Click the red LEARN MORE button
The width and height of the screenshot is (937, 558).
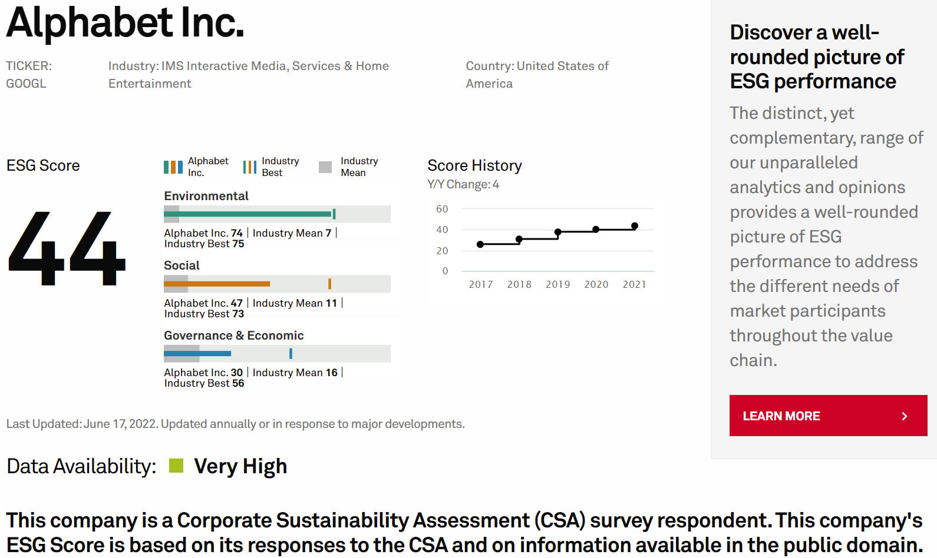828,416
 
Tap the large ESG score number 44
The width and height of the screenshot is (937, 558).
67,249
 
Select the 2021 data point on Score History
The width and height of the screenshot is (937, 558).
635,226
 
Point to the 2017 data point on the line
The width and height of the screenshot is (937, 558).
480,244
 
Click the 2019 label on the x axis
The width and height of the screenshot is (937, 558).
557,284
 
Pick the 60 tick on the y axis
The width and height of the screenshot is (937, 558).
442,209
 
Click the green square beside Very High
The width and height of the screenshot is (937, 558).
176,466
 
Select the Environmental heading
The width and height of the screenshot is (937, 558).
206,196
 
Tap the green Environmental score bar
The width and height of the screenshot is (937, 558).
253,214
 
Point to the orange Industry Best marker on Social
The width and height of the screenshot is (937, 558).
329,284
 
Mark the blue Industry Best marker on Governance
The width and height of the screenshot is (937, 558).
291,353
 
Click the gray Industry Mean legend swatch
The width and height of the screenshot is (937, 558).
325,167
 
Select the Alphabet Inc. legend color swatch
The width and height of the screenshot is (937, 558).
173,167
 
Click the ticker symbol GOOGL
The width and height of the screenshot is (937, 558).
26,84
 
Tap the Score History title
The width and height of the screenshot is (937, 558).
474,165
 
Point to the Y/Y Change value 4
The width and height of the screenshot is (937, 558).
496,185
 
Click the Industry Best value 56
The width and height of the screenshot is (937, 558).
238,383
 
